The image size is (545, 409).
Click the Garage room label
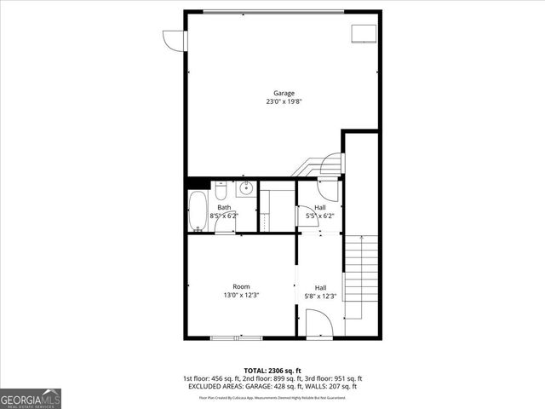click(284, 93)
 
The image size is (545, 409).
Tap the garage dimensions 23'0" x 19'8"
click(284, 101)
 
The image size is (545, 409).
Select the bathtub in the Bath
click(197, 211)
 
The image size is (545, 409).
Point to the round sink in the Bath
click(245, 188)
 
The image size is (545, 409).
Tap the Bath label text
click(224, 207)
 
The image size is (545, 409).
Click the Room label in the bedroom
click(242, 286)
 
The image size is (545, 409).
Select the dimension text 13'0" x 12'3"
click(242, 296)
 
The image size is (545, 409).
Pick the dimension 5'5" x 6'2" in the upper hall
click(320, 216)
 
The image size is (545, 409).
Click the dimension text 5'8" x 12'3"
click(320, 296)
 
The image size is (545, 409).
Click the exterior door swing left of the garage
click(174, 40)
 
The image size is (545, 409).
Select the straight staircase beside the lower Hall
click(360, 277)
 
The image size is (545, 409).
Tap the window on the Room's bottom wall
click(232, 338)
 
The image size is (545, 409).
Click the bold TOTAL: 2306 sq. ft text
click(272, 371)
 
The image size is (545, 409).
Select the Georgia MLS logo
click(31, 398)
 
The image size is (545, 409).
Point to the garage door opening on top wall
click(272, 11)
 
